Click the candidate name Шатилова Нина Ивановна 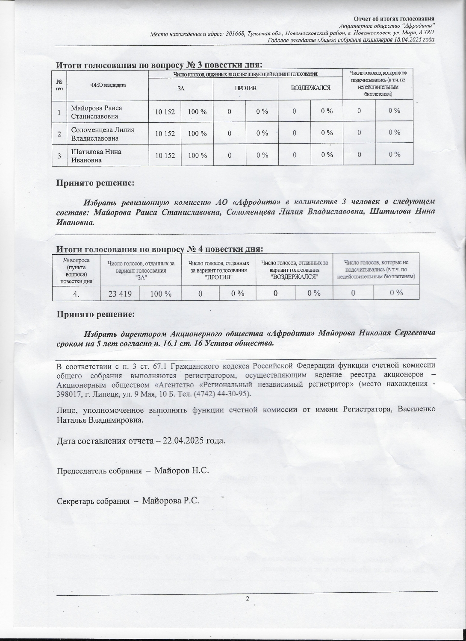coord(96,156)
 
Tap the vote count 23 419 coord(120,293)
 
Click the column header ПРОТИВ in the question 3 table coord(245,88)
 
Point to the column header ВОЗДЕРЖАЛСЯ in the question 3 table coord(310,88)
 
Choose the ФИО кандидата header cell coord(108,85)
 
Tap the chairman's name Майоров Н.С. coord(181,471)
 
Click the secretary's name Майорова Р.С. coord(171,500)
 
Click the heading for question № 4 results coord(159,249)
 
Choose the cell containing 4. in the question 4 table coord(77,293)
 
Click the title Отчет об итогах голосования coord(394,19)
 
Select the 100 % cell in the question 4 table coord(160,293)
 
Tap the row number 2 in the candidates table coord(59,134)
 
